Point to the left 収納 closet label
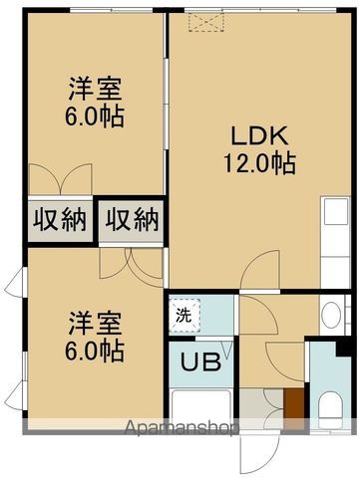click(60, 218)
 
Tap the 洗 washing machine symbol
click(184, 315)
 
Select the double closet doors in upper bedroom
click(60, 180)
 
